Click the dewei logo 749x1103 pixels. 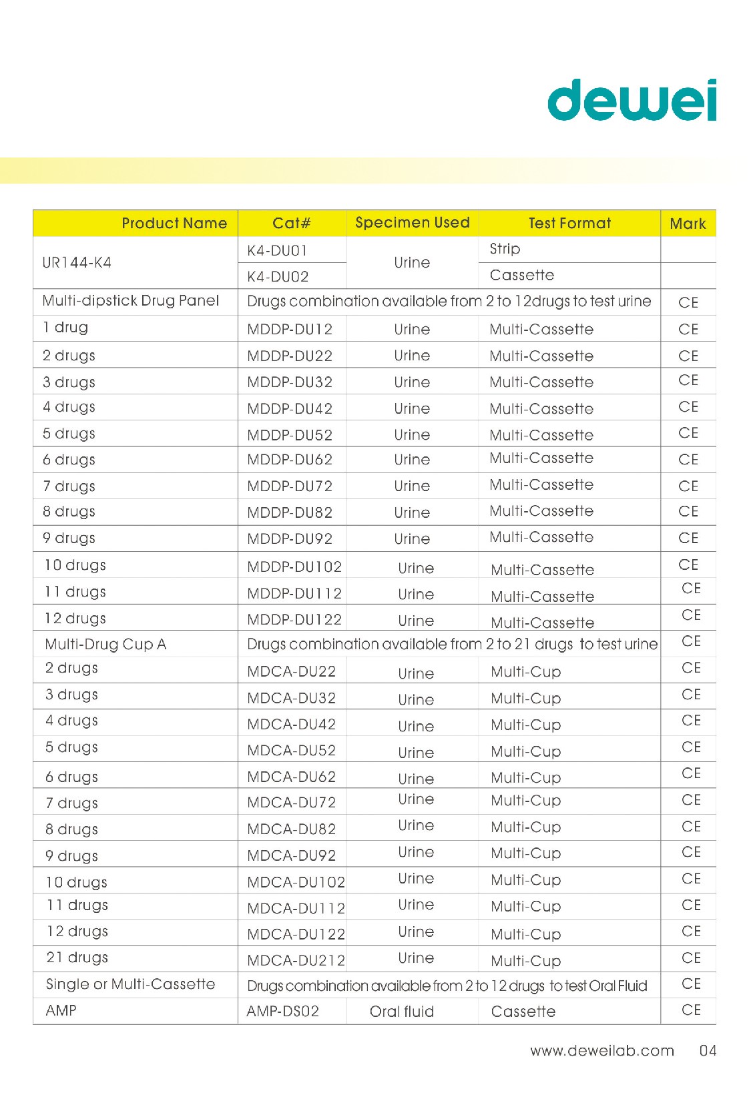tap(632, 100)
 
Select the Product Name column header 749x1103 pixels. tap(174, 224)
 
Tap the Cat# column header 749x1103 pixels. tap(292, 224)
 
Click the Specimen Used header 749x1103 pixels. tap(412, 223)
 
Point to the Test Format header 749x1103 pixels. tap(569, 224)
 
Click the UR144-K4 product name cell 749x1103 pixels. tap(77, 263)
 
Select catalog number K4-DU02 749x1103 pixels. tap(278, 276)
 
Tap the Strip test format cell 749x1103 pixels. tap(505, 249)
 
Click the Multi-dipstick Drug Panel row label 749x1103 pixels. tap(130, 301)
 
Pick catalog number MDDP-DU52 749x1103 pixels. tap(290, 435)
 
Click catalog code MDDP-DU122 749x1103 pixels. tap(294, 620)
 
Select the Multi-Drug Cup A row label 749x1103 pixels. tap(105, 645)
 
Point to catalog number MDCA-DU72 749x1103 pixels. tap(292, 803)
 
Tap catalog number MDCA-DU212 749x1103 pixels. tap(296, 961)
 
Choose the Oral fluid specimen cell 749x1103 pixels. tap(402, 1012)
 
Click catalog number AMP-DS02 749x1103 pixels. tap(283, 1012)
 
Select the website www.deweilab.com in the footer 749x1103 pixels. tap(602, 1051)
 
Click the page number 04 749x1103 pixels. tap(708, 1051)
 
